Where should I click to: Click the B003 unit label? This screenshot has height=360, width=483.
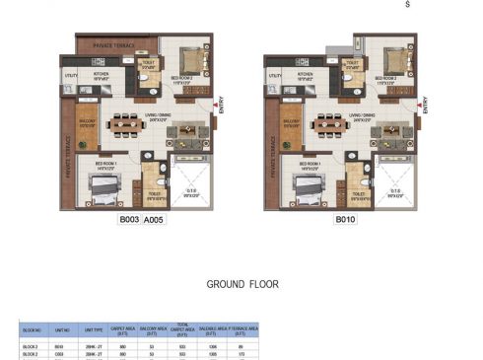(129, 221)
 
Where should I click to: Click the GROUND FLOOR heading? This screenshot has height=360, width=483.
(241, 284)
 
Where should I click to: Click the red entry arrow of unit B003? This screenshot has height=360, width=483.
(212, 104)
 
